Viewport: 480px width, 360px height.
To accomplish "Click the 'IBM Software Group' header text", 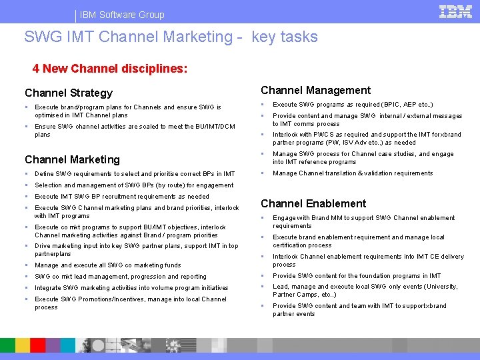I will tap(123, 15).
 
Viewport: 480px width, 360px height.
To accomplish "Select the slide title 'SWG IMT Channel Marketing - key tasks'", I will tap(171, 37).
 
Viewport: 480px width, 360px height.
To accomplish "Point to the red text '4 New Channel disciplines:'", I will tap(110, 69).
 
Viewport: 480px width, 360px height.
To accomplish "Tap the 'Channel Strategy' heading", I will tap(69, 93).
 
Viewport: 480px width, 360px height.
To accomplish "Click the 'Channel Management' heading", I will tap(315, 91).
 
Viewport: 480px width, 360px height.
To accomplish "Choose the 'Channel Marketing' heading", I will tap(72, 159).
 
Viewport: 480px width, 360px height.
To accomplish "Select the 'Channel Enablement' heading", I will tap(313, 204).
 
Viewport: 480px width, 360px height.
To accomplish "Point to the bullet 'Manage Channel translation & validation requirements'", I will tap(353, 173).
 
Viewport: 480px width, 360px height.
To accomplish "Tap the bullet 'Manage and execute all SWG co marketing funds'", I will tap(108, 265).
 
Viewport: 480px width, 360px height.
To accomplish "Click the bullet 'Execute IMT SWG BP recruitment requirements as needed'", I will tap(122, 197).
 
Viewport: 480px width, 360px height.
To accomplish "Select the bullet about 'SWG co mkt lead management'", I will tap(121, 277).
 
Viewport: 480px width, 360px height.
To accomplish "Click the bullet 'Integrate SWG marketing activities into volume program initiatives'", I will tap(131, 288).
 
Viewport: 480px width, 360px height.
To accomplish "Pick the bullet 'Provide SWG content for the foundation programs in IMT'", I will tap(357, 276).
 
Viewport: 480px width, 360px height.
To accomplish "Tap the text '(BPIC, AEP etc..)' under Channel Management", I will tap(407, 105).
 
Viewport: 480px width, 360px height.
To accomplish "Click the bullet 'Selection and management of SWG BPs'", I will tap(134, 185).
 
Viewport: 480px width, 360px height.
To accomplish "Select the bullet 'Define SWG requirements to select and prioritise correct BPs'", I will tap(135, 174).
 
